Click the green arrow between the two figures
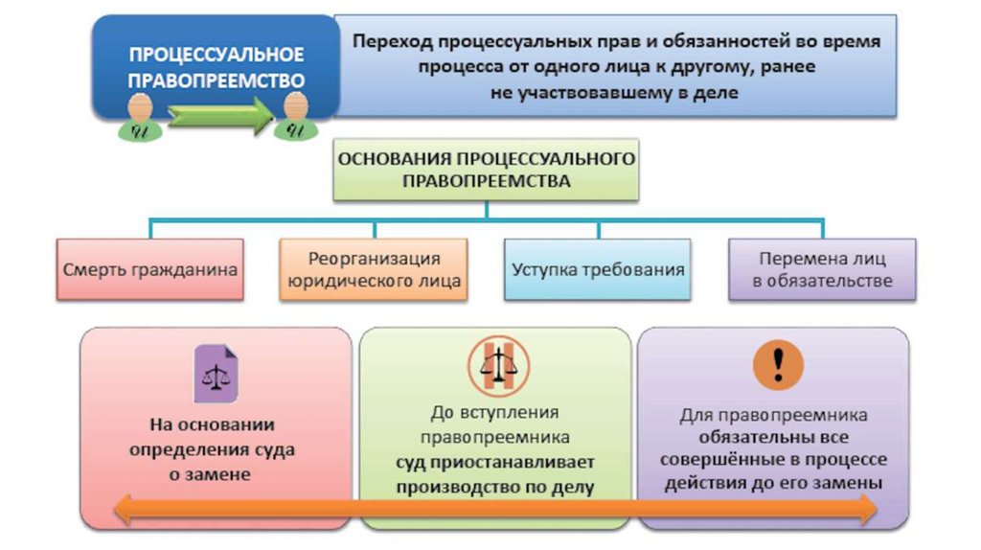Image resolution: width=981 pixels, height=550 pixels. pos(218,118)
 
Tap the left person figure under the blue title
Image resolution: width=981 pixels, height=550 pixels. pos(140,119)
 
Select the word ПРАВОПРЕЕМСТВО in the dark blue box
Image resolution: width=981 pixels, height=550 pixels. pos(217,80)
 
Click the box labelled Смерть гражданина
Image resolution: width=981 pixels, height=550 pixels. pos(149,269)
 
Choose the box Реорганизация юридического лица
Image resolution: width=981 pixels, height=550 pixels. pos(374,269)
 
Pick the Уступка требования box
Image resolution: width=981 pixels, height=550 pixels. pos(598,269)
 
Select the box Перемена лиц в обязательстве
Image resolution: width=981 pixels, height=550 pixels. pos(822,269)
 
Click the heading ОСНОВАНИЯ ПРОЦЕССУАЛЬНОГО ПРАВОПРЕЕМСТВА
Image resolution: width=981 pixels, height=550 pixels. pos(486,170)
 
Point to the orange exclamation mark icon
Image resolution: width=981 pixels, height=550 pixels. pos(778,366)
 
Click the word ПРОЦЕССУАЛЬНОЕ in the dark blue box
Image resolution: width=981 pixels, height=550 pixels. pos(217,53)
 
